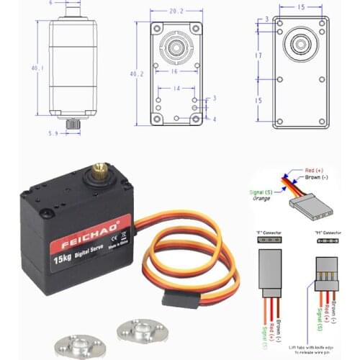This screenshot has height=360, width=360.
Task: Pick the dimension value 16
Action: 174,73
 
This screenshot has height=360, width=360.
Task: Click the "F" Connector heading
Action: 267,233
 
